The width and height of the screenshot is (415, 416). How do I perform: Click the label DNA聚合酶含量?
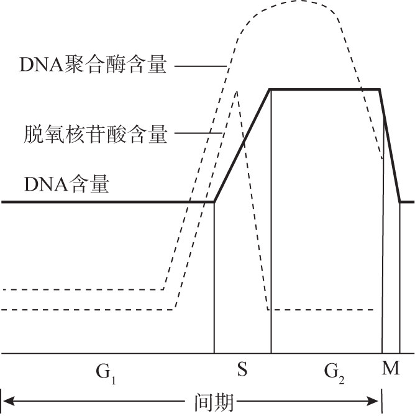tap(93, 65)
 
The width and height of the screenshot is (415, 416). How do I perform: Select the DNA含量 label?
tap(67, 184)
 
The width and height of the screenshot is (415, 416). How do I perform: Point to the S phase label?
tap(242, 371)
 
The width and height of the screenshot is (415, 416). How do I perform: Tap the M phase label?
tap(390, 369)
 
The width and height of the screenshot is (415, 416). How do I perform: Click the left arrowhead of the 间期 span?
tap(5, 402)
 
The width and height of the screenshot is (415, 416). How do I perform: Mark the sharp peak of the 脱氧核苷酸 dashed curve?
tap(237, 91)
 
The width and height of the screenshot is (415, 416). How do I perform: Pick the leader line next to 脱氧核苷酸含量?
tap(200, 133)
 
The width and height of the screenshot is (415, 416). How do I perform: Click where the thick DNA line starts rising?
tap(215, 201)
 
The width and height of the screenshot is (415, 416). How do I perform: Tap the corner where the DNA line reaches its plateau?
tap(270, 89)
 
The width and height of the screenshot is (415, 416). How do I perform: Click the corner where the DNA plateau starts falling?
tap(379, 89)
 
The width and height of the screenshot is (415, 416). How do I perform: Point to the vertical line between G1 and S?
tap(214, 279)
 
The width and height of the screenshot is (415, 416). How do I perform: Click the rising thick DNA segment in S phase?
tap(242, 145)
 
